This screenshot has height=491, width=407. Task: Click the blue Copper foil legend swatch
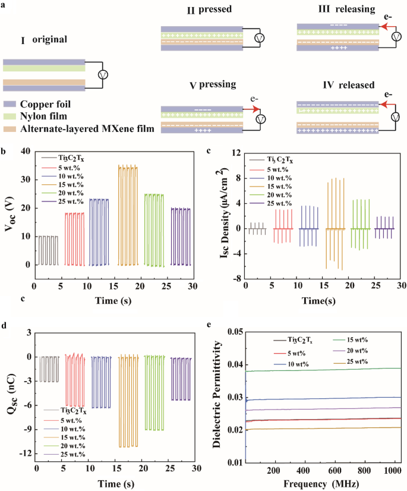coord(9,103)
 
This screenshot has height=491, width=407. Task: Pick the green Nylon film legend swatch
coord(9,115)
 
